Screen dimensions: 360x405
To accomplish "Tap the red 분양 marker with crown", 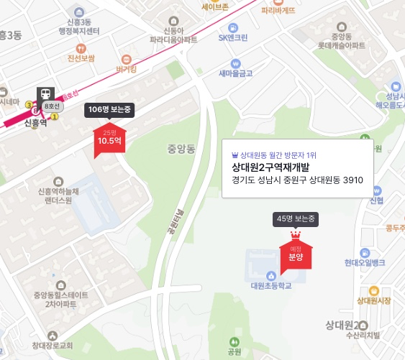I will pos(296,255).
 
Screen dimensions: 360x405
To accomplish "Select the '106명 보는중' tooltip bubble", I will pos(110,109).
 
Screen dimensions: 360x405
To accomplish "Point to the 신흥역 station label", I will pos(35,123).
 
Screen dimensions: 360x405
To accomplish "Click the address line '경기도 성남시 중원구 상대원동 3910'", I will pos(298,180).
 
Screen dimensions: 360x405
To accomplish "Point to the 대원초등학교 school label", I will pos(270,285).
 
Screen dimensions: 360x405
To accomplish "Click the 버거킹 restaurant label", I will pos(126,69).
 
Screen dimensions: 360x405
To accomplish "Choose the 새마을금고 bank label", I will pos(235,73).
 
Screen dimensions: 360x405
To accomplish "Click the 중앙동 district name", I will pos(181,149).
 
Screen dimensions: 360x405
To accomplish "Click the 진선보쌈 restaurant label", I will pos(81,57).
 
